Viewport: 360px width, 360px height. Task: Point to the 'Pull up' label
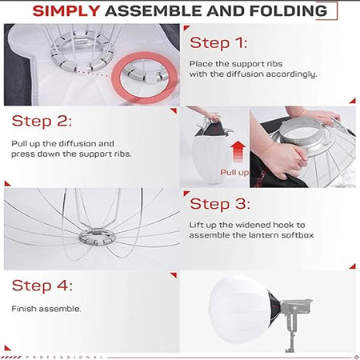coord(234,172)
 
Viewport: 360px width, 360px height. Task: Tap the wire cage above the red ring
coord(76,40)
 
